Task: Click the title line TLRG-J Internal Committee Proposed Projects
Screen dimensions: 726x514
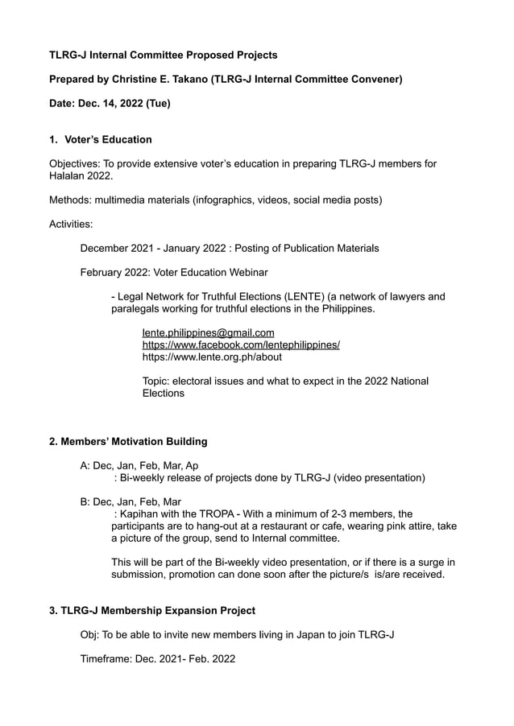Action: click(163, 55)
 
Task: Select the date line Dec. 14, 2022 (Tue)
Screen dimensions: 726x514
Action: click(110, 103)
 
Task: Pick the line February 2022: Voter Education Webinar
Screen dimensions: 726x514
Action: click(174, 272)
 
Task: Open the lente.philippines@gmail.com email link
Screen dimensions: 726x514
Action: click(208, 332)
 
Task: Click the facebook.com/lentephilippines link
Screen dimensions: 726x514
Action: click(241, 344)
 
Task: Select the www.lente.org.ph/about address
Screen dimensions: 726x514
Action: click(212, 357)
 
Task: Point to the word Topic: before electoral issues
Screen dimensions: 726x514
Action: click(158, 381)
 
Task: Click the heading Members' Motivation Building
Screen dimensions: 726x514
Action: click(128, 441)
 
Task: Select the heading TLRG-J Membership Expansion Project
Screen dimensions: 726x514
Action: click(152, 610)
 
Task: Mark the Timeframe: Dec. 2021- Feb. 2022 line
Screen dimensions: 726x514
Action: click(157, 658)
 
